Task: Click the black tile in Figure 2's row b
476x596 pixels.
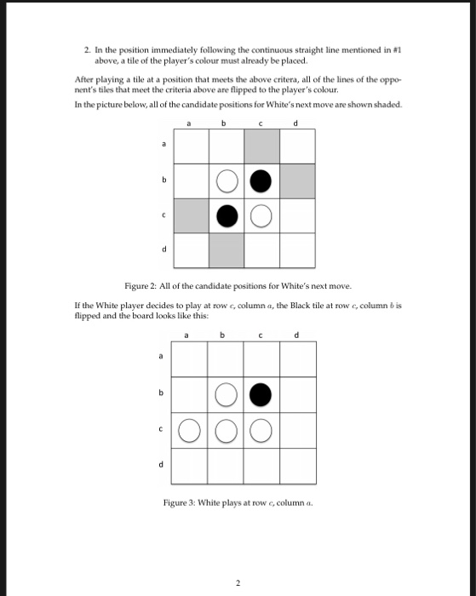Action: click(x=261, y=181)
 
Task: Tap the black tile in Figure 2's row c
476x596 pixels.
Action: click(x=226, y=215)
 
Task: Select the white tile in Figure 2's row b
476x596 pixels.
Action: click(x=226, y=181)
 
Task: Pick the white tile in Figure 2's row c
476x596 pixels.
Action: click(x=261, y=215)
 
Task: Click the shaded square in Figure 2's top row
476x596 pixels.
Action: click(x=261, y=146)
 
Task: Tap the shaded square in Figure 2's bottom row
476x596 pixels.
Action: click(x=226, y=249)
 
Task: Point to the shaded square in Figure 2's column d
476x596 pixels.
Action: click(x=297, y=181)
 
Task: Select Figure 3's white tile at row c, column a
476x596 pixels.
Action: click(x=190, y=430)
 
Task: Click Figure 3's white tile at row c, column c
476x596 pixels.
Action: click(x=261, y=430)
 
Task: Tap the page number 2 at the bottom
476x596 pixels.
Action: click(x=238, y=583)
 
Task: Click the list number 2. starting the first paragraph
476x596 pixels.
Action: click(x=88, y=52)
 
